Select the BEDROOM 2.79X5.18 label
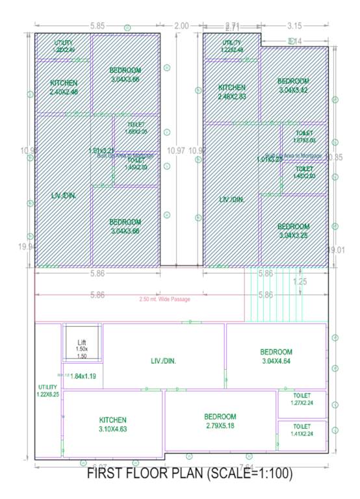coord(220,420)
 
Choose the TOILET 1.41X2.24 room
coord(302,435)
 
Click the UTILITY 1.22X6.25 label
coord(47,390)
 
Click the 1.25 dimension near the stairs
coord(300,281)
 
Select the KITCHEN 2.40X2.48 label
coord(64,87)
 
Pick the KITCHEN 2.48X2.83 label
coord(232,92)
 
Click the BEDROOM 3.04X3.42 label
coord(294,85)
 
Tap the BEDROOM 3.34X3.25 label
coord(294,231)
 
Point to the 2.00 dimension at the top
coord(182,26)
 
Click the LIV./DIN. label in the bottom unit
coord(164,360)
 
